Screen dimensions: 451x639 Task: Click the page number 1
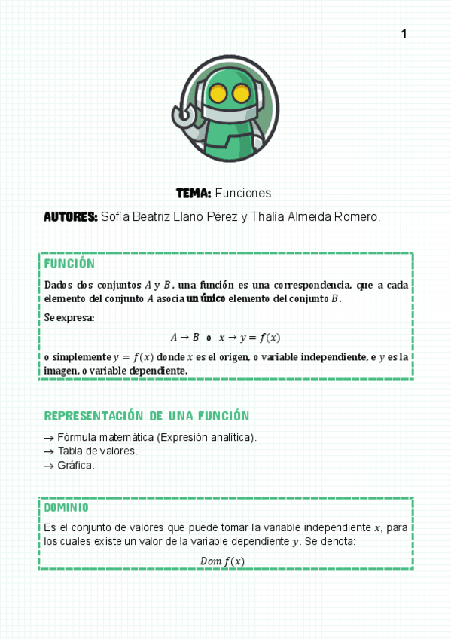(x=404, y=34)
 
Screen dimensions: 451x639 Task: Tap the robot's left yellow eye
(x=218, y=94)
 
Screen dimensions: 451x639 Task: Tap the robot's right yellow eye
(x=241, y=94)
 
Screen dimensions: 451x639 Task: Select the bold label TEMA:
(x=194, y=194)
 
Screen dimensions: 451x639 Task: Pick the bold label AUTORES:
(x=71, y=217)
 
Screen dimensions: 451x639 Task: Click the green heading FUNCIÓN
(x=69, y=264)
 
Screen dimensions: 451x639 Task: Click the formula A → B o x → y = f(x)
(x=225, y=337)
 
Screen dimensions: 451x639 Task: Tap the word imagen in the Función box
(x=61, y=371)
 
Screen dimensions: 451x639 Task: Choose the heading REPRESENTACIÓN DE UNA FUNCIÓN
(x=147, y=416)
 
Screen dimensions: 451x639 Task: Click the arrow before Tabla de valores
(x=49, y=451)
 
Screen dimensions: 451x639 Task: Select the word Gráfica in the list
(x=75, y=466)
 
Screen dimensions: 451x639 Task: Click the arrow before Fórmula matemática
(x=49, y=437)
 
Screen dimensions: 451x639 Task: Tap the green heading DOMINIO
(x=66, y=508)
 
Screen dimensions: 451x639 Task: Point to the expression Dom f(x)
(x=222, y=561)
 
